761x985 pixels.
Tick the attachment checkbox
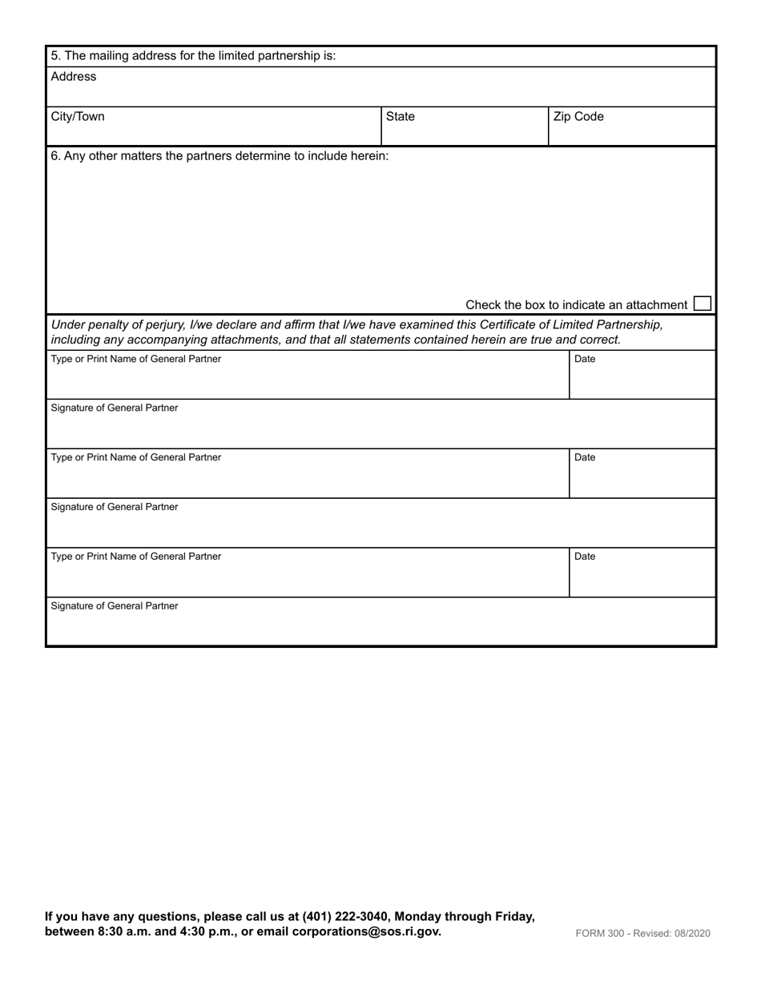click(x=702, y=304)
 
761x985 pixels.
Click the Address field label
click(x=73, y=77)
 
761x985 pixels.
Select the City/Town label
click(x=78, y=117)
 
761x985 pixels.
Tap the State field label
click(x=401, y=117)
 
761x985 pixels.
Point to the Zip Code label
click(x=578, y=117)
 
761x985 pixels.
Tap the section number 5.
click(x=54, y=56)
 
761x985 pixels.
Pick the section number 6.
click(x=54, y=155)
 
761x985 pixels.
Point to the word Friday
click(x=513, y=916)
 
